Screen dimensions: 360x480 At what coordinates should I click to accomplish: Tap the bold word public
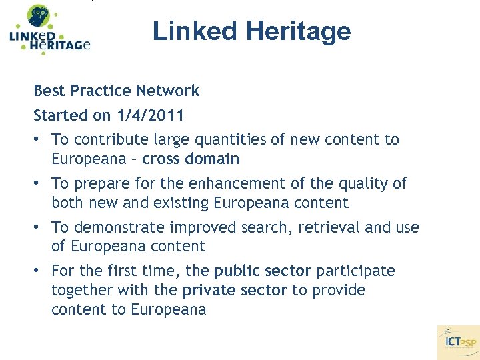(235, 271)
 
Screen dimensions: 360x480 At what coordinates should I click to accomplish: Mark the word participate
(355, 271)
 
